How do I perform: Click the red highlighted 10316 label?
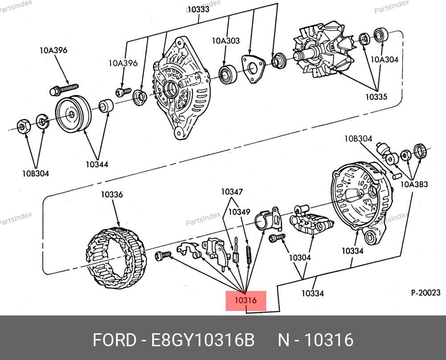pos(246,301)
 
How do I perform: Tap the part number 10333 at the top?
pos(198,9)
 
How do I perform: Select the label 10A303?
pos(225,41)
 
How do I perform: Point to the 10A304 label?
pos(384,59)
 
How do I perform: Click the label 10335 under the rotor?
pos(376,96)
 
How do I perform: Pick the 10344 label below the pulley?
pos(97,164)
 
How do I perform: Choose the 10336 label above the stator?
pos(111,194)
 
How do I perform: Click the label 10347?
pos(232,192)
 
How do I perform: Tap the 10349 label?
pos(240,212)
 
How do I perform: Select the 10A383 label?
pos(414,184)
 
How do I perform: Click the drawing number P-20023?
pos(425,293)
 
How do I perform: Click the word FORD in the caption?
pos(114,340)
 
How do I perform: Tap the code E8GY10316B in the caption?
pos(203,340)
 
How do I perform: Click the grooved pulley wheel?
pos(73,114)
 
